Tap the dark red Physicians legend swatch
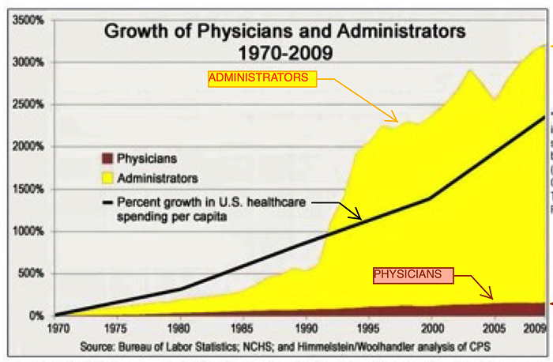point(107,159)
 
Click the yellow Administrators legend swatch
point(107,178)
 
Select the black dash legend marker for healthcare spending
point(107,202)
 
